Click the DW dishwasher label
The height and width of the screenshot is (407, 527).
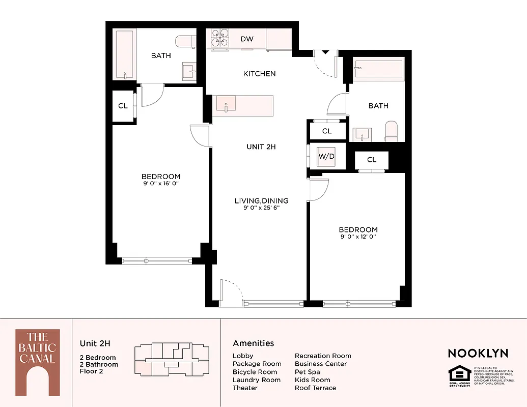tap(247, 39)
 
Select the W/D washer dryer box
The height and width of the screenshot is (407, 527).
tap(326, 157)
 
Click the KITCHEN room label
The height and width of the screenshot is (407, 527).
tap(259, 74)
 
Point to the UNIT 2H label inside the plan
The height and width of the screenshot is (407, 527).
tap(261, 147)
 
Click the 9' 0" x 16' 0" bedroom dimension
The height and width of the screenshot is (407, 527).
tap(161, 183)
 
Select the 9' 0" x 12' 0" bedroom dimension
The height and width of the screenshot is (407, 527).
tap(359, 236)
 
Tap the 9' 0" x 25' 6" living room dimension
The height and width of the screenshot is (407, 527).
tap(262, 207)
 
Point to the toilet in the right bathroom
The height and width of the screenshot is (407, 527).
tap(392, 131)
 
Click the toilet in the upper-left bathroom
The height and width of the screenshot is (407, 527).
tap(185, 41)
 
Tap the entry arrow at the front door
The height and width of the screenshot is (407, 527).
tap(325, 51)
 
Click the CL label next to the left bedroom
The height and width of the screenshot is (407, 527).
tap(123, 106)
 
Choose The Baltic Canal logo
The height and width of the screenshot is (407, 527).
tap(37, 362)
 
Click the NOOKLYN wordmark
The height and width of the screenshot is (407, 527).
tap(478, 353)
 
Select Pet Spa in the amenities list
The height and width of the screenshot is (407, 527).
tap(307, 372)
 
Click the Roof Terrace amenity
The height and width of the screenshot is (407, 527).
tap(315, 388)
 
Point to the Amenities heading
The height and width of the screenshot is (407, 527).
tap(253, 343)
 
